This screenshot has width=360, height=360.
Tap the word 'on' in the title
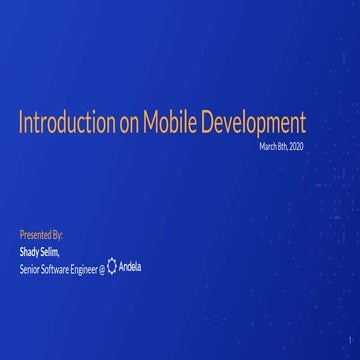130,124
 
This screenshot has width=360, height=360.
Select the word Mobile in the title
169,124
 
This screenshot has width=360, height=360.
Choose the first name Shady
30,251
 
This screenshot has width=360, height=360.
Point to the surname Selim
51,251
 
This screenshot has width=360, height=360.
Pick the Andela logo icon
113,267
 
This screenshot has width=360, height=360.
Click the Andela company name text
132,267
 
